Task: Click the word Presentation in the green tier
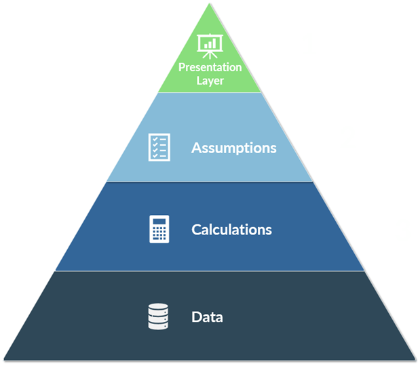click(210, 68)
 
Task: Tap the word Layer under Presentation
click(210, 81)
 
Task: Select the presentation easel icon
click(209, 45)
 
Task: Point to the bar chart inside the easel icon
click(209, 44)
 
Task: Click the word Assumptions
click(233, 148)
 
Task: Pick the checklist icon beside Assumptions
click(159, 147)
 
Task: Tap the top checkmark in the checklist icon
click(155, 139)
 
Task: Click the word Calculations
click(231, 230)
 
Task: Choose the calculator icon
click(159, 229)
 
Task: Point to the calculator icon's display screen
click(159, 221)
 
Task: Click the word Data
click(207, 317)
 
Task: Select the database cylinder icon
click(157, 317)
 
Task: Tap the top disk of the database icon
click(157, 308)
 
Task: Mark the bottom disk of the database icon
click(157, 325)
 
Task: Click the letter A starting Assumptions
click(196, 148)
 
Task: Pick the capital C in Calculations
click(196, 230)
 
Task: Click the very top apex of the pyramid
click(210, 4)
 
